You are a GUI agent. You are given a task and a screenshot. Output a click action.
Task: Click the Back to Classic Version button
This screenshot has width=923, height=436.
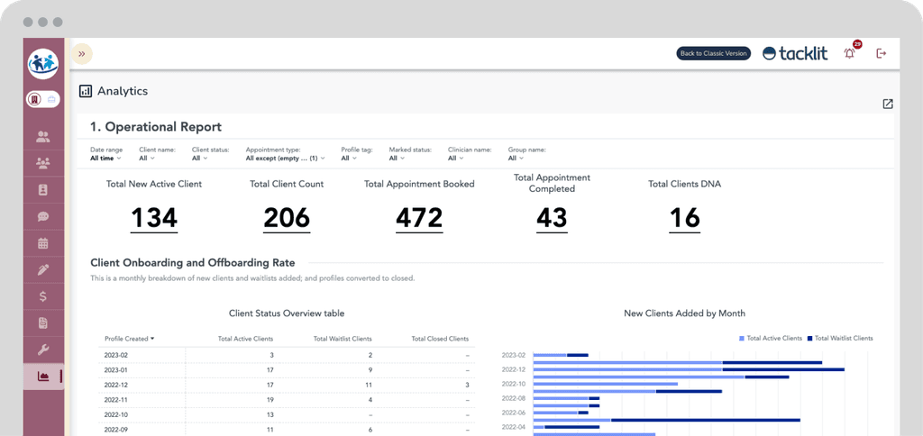coord(713,53)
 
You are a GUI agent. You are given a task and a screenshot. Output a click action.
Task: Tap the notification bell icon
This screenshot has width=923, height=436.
coord(849,54)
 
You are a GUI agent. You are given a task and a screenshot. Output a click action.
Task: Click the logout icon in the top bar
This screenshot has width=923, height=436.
coord(882,53)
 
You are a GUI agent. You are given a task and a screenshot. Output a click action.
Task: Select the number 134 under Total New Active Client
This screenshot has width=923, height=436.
coord(154,218)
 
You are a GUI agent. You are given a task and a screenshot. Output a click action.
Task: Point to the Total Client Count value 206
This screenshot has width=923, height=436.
coord(287,218)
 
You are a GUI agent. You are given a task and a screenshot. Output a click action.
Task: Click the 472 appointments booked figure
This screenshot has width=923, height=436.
coord(419,218)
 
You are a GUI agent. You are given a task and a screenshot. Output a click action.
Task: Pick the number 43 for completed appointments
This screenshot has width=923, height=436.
coord(552,218)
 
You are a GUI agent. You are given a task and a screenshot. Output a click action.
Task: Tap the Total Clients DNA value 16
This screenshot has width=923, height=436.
coord(684,218)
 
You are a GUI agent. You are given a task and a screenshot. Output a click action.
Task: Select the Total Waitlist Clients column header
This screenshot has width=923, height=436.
coord(343,339)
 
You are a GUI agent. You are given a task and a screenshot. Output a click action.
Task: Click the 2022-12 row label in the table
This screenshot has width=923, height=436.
coord(116,384)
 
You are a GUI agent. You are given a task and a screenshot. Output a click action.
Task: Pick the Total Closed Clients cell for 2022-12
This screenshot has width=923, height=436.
coord(466,384)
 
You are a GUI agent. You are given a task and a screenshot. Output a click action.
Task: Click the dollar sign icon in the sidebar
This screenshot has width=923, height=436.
coord(43,295)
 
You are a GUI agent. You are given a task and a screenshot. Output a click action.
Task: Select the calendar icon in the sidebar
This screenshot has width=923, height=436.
coord(43,243)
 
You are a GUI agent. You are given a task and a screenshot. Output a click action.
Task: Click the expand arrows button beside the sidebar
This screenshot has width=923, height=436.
coord(81,54)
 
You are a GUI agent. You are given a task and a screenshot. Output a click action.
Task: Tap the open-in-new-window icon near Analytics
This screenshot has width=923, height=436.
coord(888,104)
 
